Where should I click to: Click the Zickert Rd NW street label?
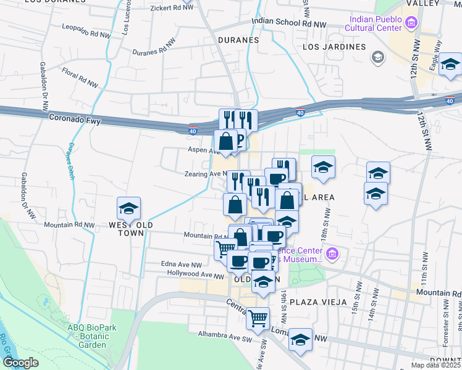[172, 9]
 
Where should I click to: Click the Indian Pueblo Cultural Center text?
[377, 23]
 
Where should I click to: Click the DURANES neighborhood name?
[238, 40]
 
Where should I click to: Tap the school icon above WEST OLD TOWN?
[128, 208]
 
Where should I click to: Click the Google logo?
[20, 363]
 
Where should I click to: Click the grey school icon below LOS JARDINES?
[377, 58]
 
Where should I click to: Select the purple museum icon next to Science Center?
[332, 254]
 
